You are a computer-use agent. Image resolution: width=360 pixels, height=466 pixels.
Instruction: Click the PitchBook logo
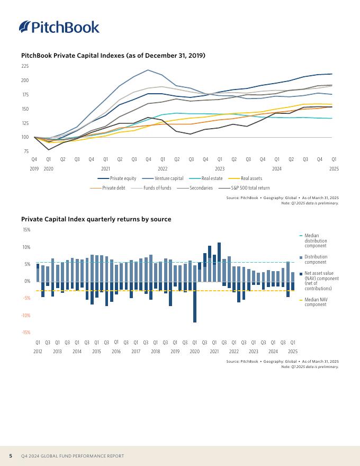coord(59,27)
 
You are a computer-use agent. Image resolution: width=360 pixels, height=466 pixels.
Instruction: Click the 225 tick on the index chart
coord(25,66)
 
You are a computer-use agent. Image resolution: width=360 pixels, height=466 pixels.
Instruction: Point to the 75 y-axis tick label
coord(26,151)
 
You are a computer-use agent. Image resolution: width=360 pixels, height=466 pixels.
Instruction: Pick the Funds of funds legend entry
coord(157,188)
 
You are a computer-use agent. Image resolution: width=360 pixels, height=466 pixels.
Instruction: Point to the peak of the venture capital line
coord(148,70)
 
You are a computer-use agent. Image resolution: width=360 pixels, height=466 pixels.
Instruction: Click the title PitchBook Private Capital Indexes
coord(113,56)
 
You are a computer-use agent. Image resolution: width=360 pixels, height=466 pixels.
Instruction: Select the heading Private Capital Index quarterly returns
coord(96,219)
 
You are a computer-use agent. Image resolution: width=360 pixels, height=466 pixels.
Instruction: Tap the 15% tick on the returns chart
coord(26,230)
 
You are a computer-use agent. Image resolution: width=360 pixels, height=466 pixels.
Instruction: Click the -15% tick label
coord(25,333)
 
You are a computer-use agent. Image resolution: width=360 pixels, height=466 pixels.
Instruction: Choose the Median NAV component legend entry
coord(316,302)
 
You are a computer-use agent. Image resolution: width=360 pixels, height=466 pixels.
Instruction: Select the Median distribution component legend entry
coord(316,241)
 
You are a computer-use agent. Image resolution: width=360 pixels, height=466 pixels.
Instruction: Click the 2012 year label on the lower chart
coord(38,352)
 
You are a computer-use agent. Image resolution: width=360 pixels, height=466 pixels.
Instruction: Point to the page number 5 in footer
coord(11,456)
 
